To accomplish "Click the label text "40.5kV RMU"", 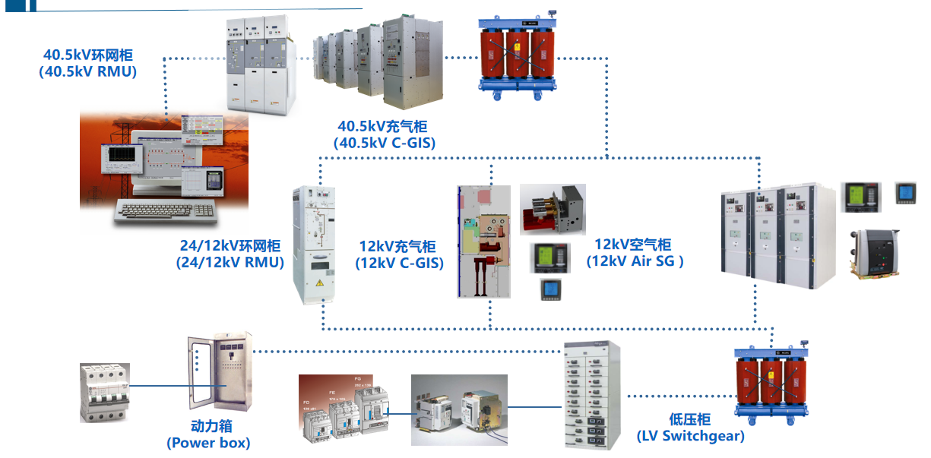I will coord(87,72).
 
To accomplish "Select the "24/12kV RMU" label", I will coord(230,263).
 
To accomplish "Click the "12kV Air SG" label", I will coord(635,261).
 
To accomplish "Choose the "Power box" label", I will coord(208,442).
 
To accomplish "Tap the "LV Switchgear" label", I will coord(690,435).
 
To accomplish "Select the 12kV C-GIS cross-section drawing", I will coord(483,240).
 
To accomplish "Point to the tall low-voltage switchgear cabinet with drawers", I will coord(592,395).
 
